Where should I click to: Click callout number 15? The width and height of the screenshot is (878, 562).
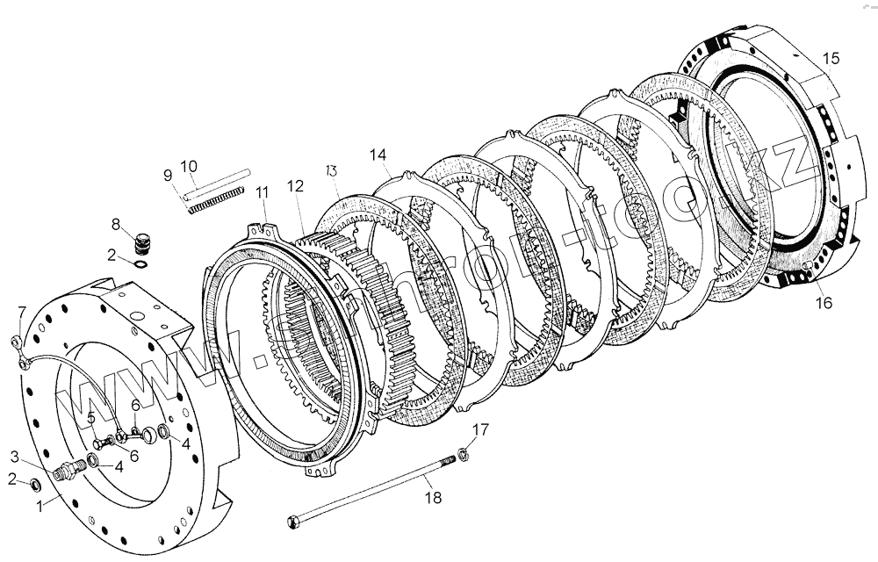830,58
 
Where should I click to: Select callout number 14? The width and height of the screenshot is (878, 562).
378,155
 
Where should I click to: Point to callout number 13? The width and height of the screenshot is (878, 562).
332,169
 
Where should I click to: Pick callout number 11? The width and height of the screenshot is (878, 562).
262,192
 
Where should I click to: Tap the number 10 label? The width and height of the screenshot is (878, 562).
189,165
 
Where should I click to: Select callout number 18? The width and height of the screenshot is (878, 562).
433,498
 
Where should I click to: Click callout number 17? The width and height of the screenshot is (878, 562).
479,429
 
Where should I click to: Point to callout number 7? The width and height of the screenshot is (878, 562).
23,310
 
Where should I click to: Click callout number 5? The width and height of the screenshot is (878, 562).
91,416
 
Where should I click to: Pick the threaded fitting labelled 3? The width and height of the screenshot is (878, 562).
65,472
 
